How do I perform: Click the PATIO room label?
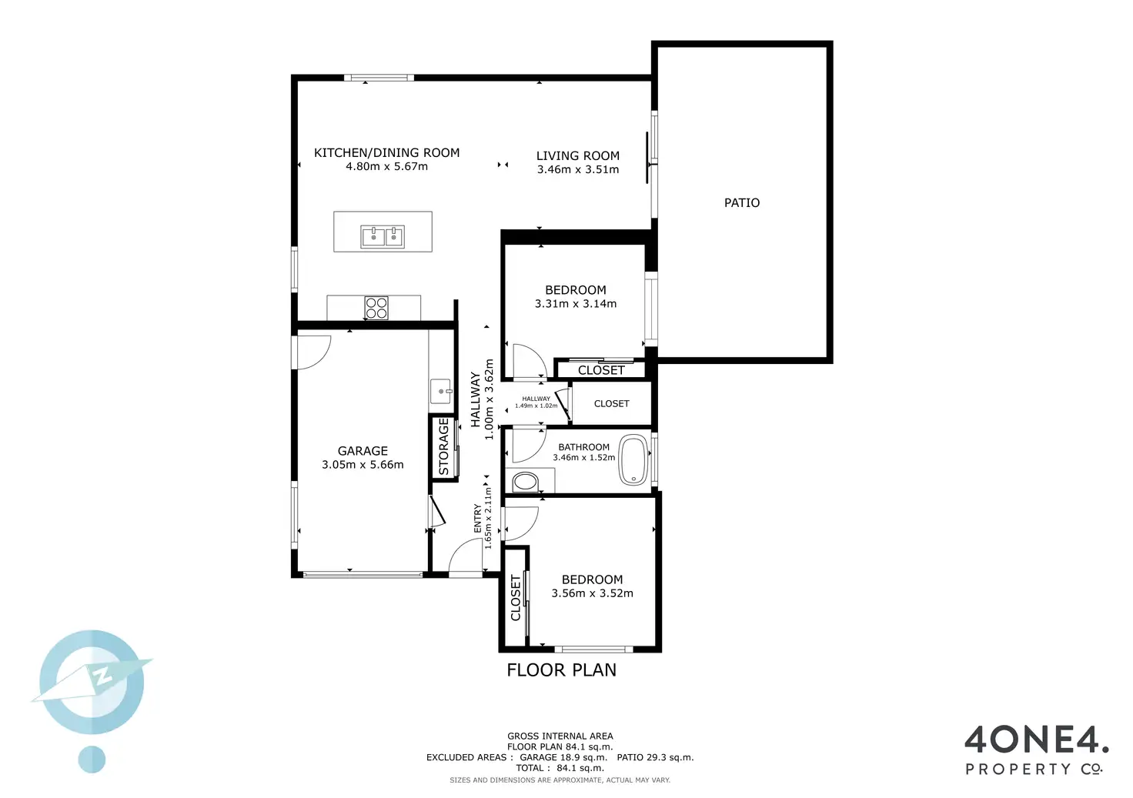(741, 202)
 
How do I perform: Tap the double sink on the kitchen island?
(383, 236)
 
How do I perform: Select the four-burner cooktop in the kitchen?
(376, 308)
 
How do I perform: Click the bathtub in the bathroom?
(633, 460)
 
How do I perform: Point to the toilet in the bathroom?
(526, 482)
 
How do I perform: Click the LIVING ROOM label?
(577, 155)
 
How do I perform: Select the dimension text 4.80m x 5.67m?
(386, 166)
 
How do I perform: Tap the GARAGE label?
(363, 451)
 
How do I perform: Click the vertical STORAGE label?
(443, 446)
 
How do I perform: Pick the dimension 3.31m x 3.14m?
(575, 304)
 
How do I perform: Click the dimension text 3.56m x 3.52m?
(592, 593)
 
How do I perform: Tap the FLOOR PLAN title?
(561, 670)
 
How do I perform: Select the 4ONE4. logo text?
(1036, 740)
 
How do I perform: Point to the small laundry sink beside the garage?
(441, 391)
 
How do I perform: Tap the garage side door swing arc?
(313, 352)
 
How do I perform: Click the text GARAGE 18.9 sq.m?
(563, 757)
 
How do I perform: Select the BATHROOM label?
(583, 447)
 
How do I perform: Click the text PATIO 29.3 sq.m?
(655, 757)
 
